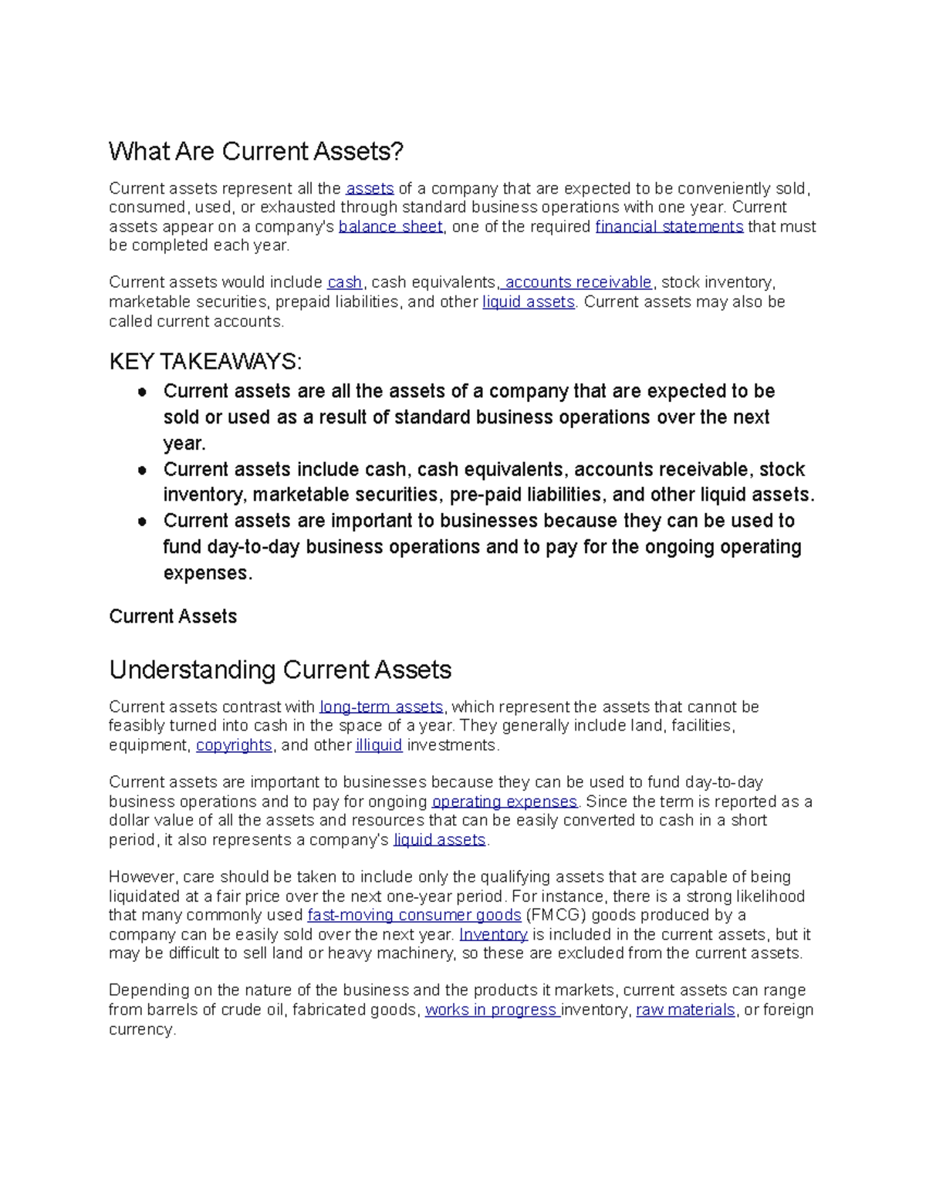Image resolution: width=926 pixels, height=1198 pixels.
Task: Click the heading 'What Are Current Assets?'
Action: (x=255, y=151)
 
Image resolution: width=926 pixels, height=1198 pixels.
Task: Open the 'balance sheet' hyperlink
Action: (x=390, y=226)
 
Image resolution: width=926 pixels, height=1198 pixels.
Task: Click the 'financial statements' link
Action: (x=669, y=226)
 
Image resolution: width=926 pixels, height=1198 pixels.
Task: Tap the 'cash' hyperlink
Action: (x=344, y=282)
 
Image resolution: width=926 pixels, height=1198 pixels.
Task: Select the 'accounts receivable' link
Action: (x=578, y=282)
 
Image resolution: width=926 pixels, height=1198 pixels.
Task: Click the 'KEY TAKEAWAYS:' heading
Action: (x=205, y=361)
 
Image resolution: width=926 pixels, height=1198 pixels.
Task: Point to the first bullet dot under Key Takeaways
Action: (x=142, y=392)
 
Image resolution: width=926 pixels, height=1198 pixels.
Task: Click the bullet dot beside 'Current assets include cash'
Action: (x=142, y=470)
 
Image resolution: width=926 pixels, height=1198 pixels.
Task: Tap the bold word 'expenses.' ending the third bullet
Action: (x=208, y=573)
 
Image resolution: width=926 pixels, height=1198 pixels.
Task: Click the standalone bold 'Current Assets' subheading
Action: (x=173, y=616)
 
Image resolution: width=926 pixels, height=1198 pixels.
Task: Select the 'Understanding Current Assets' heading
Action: (x=280, y=670)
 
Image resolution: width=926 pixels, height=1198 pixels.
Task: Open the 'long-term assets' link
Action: (x=381, y=707)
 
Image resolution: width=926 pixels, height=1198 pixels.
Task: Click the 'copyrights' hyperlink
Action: (x=234, y=745)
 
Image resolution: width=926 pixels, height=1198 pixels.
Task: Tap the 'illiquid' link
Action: (x=379, y=745)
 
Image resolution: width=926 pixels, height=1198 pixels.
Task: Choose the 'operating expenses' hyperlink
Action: (x=504, y=801)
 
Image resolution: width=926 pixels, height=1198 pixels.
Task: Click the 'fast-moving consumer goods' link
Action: (x=414, y=915)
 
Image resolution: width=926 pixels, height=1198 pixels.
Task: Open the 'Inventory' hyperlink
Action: (x=493, y=934)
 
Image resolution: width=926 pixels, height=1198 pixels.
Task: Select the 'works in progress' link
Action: (x=492, y=1010)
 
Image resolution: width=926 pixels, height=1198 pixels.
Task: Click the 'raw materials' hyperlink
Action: (x=685, y=1010)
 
